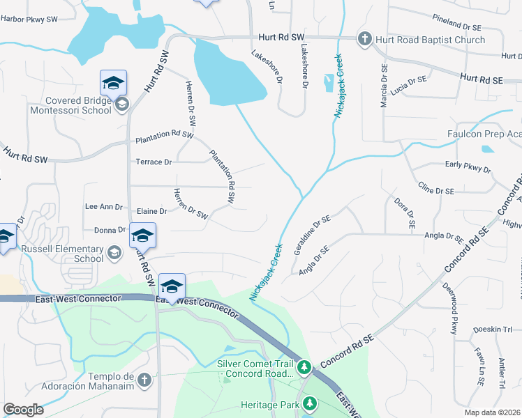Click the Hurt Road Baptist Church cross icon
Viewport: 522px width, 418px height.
pos(365,39)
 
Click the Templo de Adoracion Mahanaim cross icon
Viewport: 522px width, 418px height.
pos(144,380)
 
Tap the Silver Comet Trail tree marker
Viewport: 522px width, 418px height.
pos(304,366)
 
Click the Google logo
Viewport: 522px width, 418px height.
pos(23,410)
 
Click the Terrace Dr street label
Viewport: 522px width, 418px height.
pos(153,162)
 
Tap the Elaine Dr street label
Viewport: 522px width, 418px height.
pos(152,211)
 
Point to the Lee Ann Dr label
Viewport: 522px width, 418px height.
pos(103,207)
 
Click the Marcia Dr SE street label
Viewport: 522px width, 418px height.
pos(384,86)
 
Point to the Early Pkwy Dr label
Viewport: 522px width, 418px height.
pos(468,167)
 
